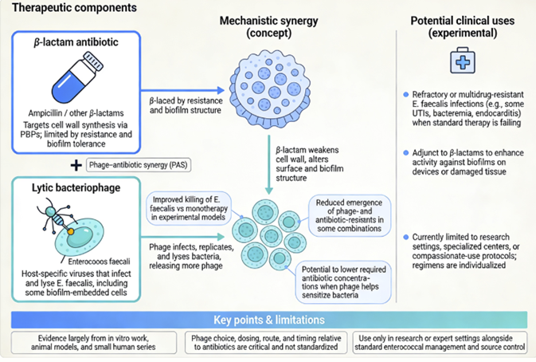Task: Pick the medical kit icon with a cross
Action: [x=465, y=61]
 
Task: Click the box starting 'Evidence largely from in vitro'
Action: [x=94, y=342]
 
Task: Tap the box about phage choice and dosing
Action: [x=268, y=342]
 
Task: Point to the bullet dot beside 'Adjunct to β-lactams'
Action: [x=407, y=150]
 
